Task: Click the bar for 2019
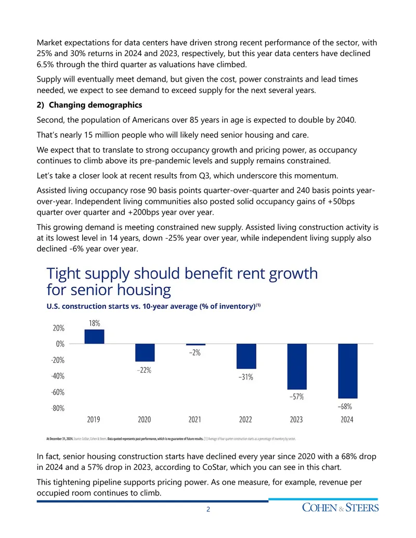pos(95,337)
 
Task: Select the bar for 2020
pos(145,352)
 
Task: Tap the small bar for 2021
pos(196,345)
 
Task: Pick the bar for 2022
pos(246,356)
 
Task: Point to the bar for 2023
pos(297,366)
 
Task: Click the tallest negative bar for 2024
pos(348,371)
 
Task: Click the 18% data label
pos(95,323)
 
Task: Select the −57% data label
pos(296,397)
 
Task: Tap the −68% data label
pos(345,406)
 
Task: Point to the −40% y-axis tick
pos(58,376)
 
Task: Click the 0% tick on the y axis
pos(60,344)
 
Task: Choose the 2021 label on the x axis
pos(194,419)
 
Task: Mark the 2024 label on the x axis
pos(347,419)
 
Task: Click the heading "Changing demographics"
pos(95,105)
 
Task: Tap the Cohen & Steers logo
pos(340,507)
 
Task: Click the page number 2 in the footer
pos(208,509)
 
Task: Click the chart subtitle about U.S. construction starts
pos(153,306)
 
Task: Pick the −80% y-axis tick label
pos(58,408)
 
